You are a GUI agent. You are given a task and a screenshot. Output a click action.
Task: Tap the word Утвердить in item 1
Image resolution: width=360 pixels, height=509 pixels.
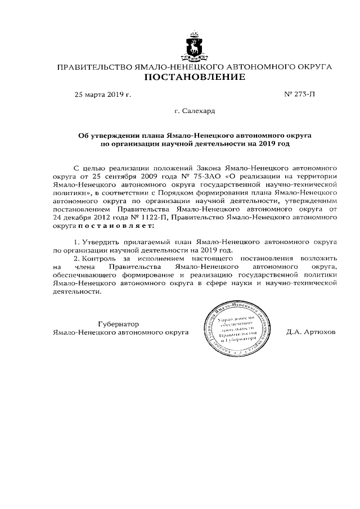click(x=104, y=241)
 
